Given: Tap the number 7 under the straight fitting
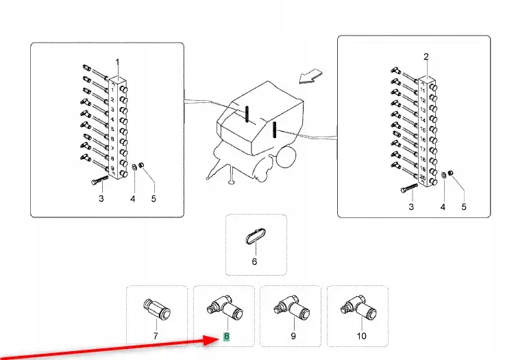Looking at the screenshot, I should [156, 336].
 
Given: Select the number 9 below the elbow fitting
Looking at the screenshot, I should [293, 336].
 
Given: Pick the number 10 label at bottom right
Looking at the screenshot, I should [361, 336].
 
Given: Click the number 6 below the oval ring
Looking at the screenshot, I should [254, 261].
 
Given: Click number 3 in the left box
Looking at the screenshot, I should [101, 199].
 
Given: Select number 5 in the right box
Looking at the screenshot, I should [463, 206].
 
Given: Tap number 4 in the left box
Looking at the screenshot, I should [133, 199].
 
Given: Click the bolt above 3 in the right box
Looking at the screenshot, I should [407, 187].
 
